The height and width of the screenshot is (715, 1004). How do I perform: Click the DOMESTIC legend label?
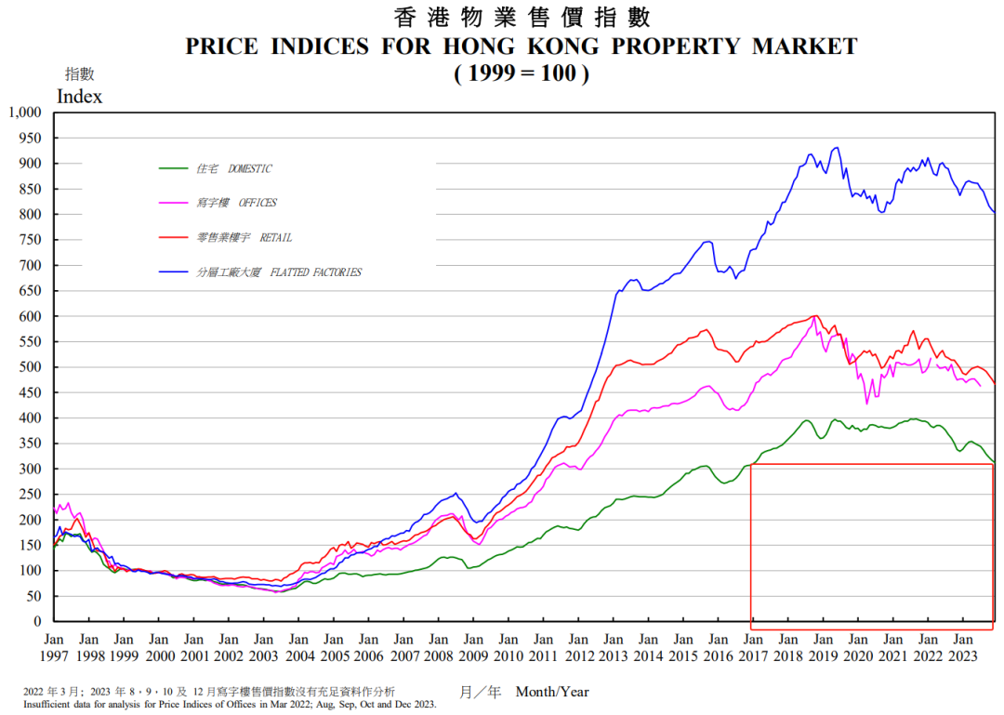(250, 168)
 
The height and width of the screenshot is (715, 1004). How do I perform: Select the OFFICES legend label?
(258, 203)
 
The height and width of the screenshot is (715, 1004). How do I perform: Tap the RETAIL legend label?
(276, 238)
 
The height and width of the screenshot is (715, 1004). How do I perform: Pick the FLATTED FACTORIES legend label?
(316, 272)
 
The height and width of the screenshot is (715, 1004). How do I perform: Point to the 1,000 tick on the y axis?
(25, 113)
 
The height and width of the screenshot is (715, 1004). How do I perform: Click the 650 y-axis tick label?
(30, 291)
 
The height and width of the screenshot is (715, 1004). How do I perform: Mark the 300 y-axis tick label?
(30, 469)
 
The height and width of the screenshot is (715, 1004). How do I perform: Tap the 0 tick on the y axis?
(38, 621)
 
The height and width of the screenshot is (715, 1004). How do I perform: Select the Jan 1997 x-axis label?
(54, 648)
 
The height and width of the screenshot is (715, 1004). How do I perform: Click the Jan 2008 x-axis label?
(439, 648)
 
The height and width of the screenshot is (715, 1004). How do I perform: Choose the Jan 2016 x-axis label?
(719, 648)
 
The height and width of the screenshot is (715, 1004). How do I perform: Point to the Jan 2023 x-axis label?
(963, 648)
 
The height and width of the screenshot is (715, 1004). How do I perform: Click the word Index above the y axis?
(79, 97)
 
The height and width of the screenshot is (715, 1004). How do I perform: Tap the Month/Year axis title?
(552, 692)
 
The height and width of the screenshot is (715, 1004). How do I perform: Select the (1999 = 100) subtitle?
(522, 73)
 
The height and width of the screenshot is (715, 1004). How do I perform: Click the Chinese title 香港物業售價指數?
(522, 18)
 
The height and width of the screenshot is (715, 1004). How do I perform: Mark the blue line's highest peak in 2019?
(837, 148)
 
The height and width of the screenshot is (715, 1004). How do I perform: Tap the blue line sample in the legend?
(174, 272)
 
